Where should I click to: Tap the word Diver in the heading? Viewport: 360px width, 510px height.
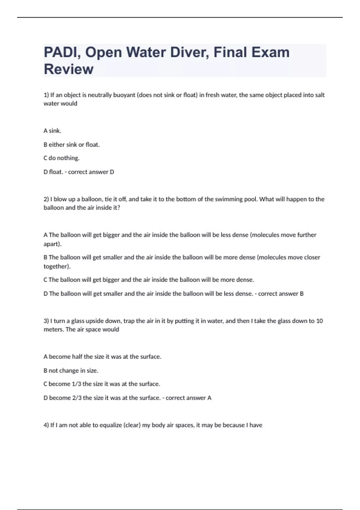(188, 52)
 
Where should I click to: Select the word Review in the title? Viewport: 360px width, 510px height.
(69, 69)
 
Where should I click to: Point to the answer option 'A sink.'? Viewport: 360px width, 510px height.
(52, 131)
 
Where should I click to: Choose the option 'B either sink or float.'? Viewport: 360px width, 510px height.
(72, 145)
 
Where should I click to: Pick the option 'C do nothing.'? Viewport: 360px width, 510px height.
(61, 158)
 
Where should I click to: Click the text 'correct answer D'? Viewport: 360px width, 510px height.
(91, 172)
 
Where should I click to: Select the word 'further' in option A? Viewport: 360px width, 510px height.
(307, 235)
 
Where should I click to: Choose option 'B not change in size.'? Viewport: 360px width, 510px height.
(71, 371)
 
